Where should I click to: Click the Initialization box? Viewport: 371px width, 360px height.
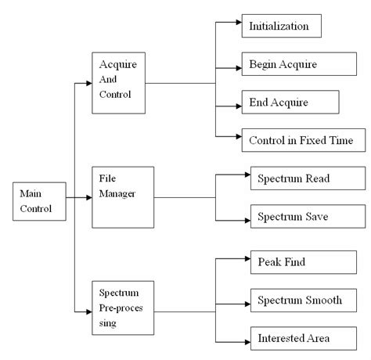[x=282, y=26]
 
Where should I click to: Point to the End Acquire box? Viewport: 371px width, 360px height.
[x=290, y=103]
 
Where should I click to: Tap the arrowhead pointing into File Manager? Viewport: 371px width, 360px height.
[x=87, y=198]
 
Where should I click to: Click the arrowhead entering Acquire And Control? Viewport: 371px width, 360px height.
[x=87, y=81]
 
